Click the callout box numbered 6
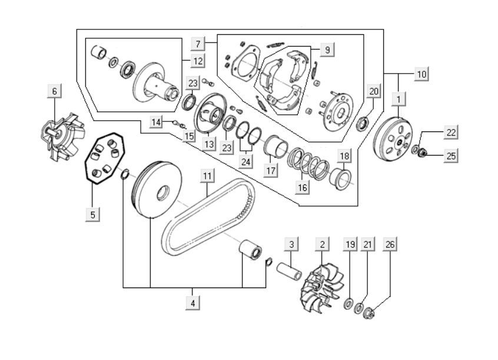55,91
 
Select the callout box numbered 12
198,60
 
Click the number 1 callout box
400,97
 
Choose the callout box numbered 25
451,156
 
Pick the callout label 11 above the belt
207,176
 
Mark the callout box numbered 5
92,214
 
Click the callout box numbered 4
192,303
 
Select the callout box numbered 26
390,244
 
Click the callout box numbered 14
156,122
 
